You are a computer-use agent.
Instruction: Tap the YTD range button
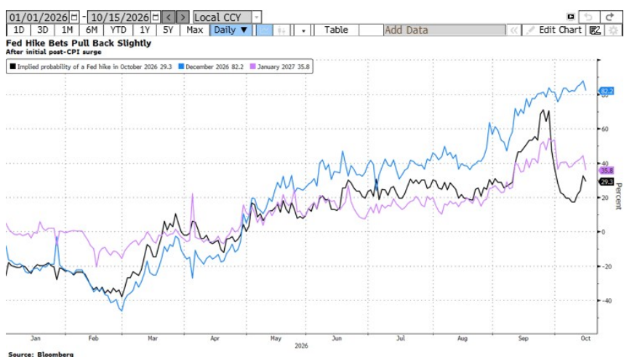click(x=118, y=31)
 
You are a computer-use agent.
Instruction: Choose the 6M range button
click(x=92, y=31)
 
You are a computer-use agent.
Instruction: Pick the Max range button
click(x=195, y=31)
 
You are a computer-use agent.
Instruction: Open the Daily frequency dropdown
click(x=231, y=31)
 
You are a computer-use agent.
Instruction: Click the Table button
click(x=336, y=31)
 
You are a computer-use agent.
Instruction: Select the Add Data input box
click(x=444, y=31)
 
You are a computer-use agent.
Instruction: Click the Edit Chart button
click(x=554, y=31)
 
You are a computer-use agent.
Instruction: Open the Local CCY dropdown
click(x=227, y=17)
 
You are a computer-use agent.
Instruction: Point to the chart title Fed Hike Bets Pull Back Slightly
click(x=79, y=43)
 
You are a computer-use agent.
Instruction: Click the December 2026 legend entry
click(x=211, y=67)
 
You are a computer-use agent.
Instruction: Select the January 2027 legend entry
click(x=280, y=67)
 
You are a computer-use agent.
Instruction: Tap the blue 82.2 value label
click(x=607, y=91)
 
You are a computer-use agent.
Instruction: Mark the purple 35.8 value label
click(x=607, y=170)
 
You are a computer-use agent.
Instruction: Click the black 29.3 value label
click(x=607, y=182)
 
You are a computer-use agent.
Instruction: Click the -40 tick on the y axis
click(x=606, y=301)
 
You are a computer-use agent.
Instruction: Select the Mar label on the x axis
click(x=153, y=338)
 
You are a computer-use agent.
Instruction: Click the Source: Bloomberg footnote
click(x=41, y=354)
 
